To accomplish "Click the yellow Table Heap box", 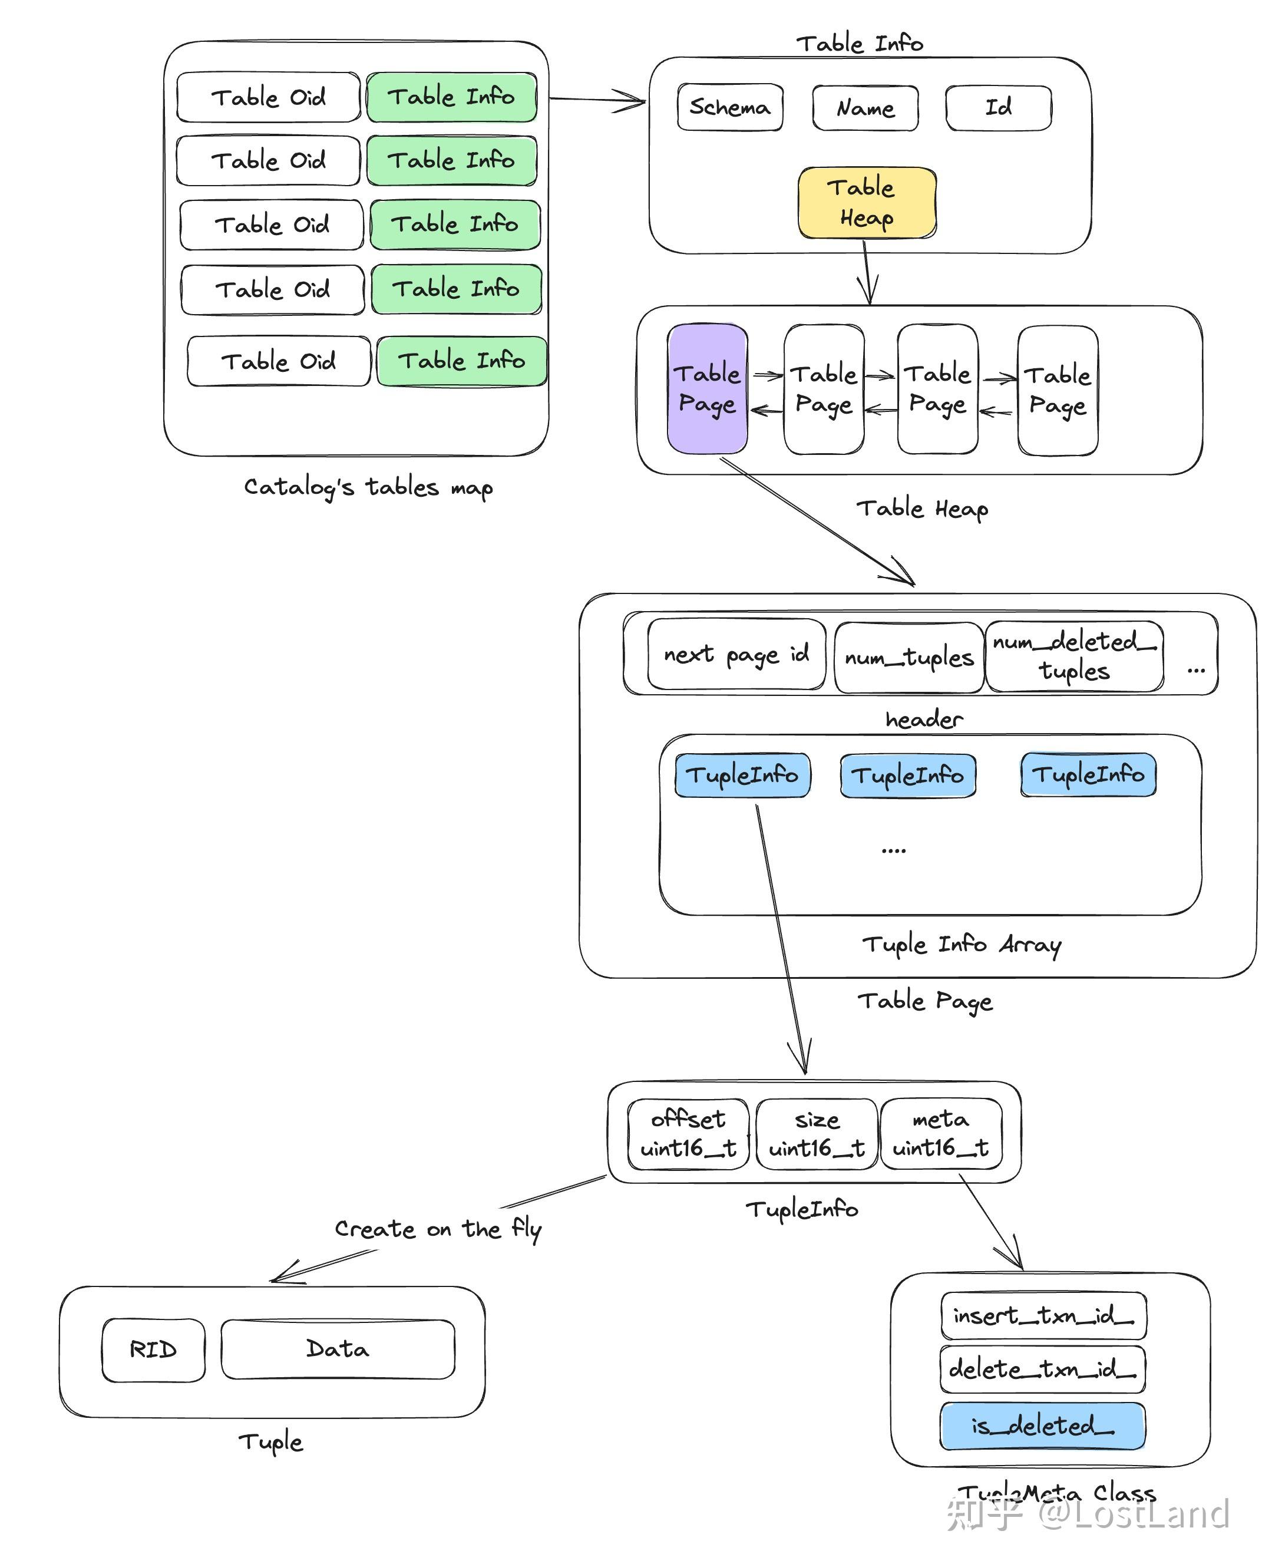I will click(867, 203).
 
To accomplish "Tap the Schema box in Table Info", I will click(730, 108).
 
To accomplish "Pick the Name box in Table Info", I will click(865, 108).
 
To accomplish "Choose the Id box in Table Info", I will click(998, 108).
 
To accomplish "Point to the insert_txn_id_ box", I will click(1043, 1315).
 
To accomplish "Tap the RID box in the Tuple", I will click(153, 1349).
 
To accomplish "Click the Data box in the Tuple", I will click(338, 1349).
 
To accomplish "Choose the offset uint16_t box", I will click(688, 1134).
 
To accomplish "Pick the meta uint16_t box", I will click(941, 1134).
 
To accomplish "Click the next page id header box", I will click(736, 654).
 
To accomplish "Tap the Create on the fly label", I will click(438, 1229).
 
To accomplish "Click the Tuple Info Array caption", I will click(961, 945).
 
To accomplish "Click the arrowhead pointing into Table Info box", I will click(637, 101).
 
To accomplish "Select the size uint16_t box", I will click(817, 1134).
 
